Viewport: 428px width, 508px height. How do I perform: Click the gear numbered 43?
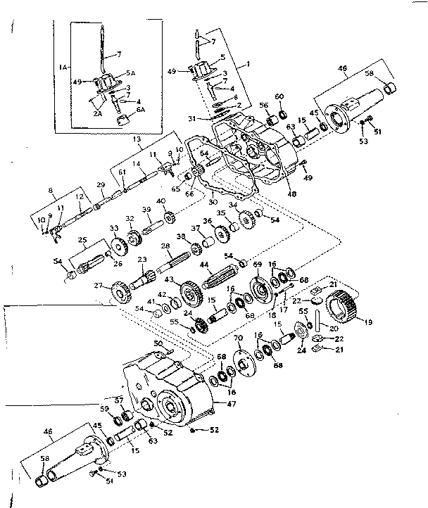pos(189,291)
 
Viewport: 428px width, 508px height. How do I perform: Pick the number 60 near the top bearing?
pos(279,96)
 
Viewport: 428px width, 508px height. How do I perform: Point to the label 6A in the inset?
pos(141,110)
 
